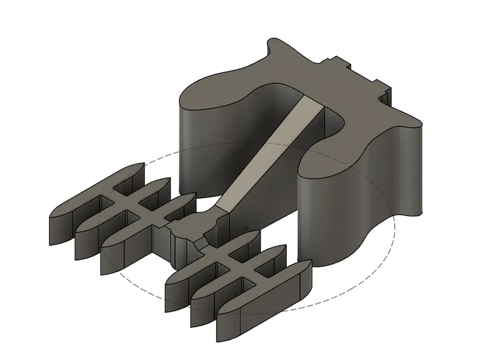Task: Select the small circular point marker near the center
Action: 247,228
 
